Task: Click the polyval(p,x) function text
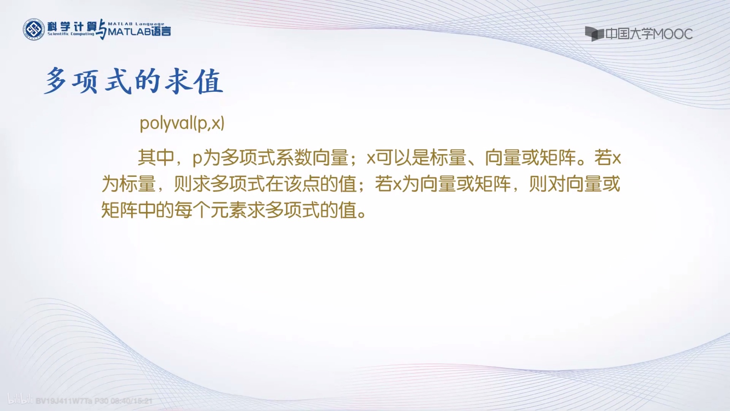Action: (182, 123)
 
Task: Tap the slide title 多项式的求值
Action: (134, 82)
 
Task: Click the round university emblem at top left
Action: (34, 29)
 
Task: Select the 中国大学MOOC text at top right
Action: (649, 34)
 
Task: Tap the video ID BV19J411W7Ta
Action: (64, 401)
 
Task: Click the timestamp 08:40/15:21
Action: (132, 401)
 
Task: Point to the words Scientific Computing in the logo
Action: (71, 34)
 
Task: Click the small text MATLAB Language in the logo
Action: (136, 24)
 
